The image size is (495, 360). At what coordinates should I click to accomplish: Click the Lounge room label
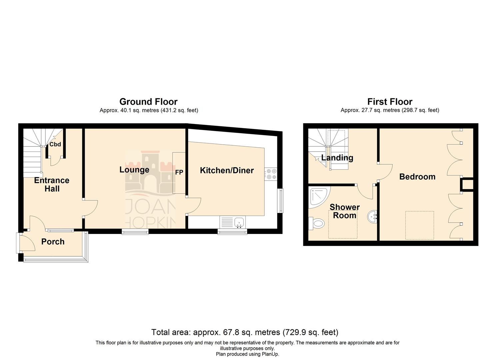click(134, 170)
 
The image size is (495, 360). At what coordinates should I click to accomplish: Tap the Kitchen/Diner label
click(227, 170)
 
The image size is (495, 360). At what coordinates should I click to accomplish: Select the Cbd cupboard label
click(55, 144)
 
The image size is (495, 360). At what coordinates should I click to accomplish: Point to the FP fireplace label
click(179, 172)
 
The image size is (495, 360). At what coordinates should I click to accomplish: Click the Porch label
click(53, 242)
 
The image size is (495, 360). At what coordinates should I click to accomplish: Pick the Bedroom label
click(417, 177)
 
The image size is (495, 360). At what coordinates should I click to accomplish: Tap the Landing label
click(337, 158)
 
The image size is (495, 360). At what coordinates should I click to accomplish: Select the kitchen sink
click(239, 222)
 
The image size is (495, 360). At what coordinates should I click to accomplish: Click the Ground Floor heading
click(148, 102)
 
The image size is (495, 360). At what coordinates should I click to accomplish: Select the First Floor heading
click(390, 102)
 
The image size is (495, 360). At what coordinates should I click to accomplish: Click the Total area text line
click(245, 332)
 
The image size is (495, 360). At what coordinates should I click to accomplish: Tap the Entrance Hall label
click(52, 184)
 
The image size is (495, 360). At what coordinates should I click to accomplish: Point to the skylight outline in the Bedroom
click(419, 225)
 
